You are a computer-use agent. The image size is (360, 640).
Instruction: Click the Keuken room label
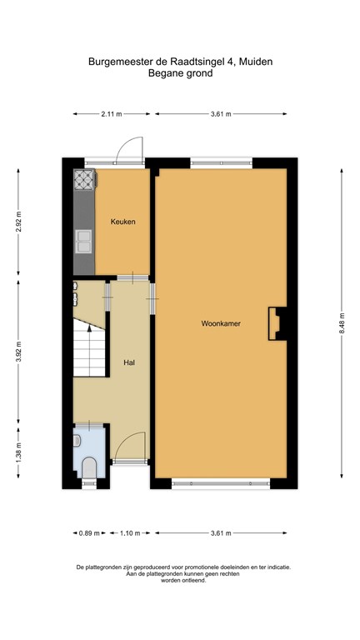[x=122, y=222]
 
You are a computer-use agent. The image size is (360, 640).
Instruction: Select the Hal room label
[x=129, y=362]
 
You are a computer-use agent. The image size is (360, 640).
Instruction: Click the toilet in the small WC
[x=88, y=469]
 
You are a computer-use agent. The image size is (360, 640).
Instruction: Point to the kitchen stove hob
[x=85, y=181]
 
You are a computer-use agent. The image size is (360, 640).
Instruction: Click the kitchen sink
[x=85, y=241]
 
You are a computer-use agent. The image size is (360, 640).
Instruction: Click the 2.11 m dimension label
[x=111, y=114]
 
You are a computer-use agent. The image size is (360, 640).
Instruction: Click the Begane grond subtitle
[x=180, y=73]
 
